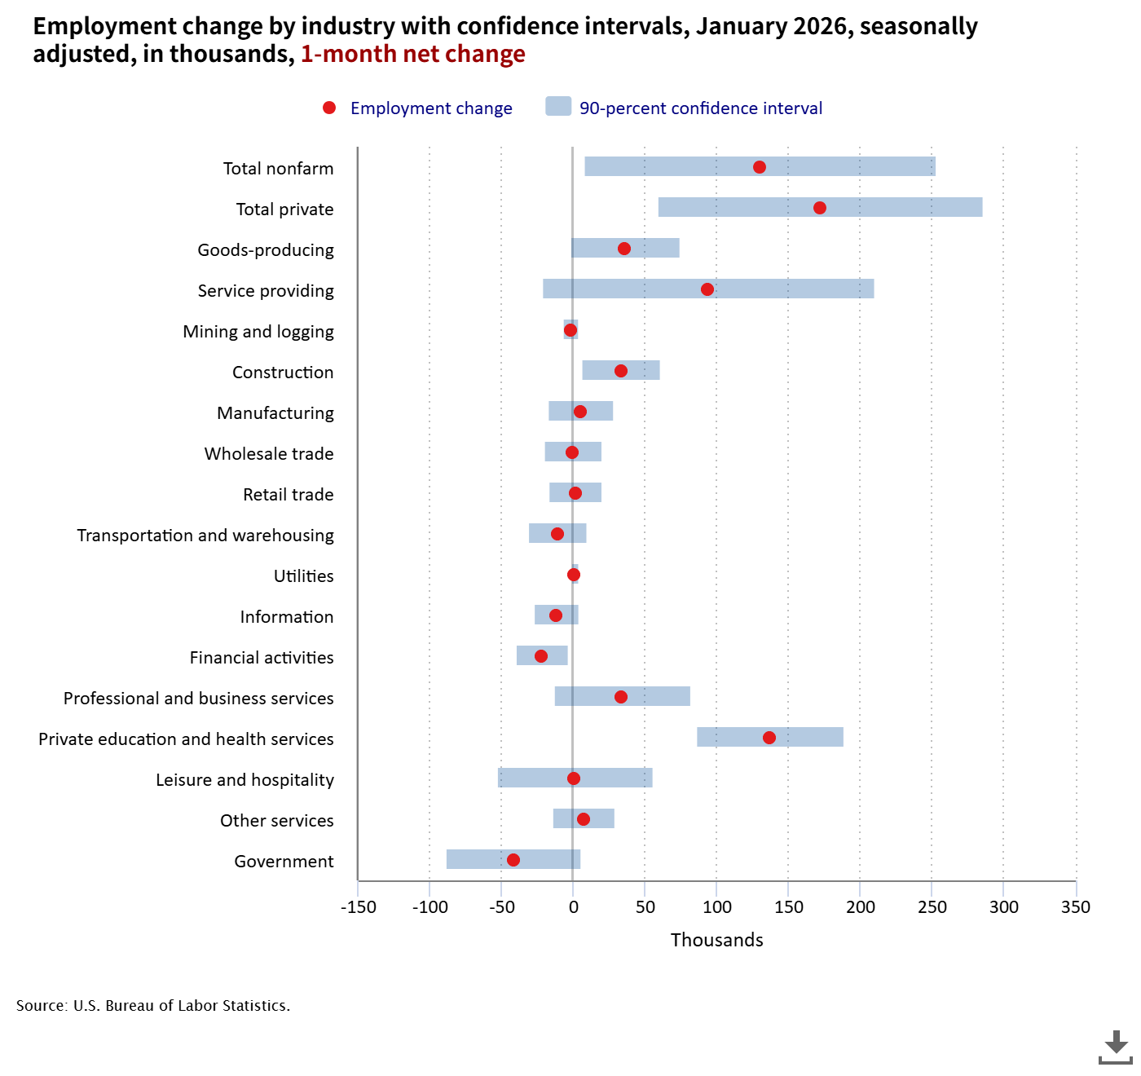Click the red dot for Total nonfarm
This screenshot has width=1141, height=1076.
pos(760,167)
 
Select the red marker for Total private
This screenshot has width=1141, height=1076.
pos(820,208)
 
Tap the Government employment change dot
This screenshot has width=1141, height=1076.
pos(513,860)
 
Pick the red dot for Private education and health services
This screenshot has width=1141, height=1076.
pos(769,738)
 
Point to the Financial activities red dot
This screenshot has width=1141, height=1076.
pos(541,656)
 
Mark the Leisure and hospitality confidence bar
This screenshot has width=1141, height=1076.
pos(619,778)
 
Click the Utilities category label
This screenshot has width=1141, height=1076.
pos(304,576)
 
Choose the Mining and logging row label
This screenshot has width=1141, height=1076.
pos(258,332)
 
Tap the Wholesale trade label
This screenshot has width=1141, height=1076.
pos(269,454)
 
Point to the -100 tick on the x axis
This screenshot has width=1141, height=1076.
pos(430,907)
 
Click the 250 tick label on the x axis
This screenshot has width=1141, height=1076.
pos(932,907)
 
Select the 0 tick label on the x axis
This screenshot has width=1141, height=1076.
pos(573,907)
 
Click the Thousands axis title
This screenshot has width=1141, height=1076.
pos(717,940)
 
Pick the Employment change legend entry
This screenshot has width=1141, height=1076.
pos(431,108)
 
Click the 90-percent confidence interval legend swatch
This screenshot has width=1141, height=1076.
pos(558,107)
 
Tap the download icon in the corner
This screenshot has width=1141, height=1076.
pos(1115,1047)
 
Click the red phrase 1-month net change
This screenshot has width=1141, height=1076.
pos(413,54)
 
